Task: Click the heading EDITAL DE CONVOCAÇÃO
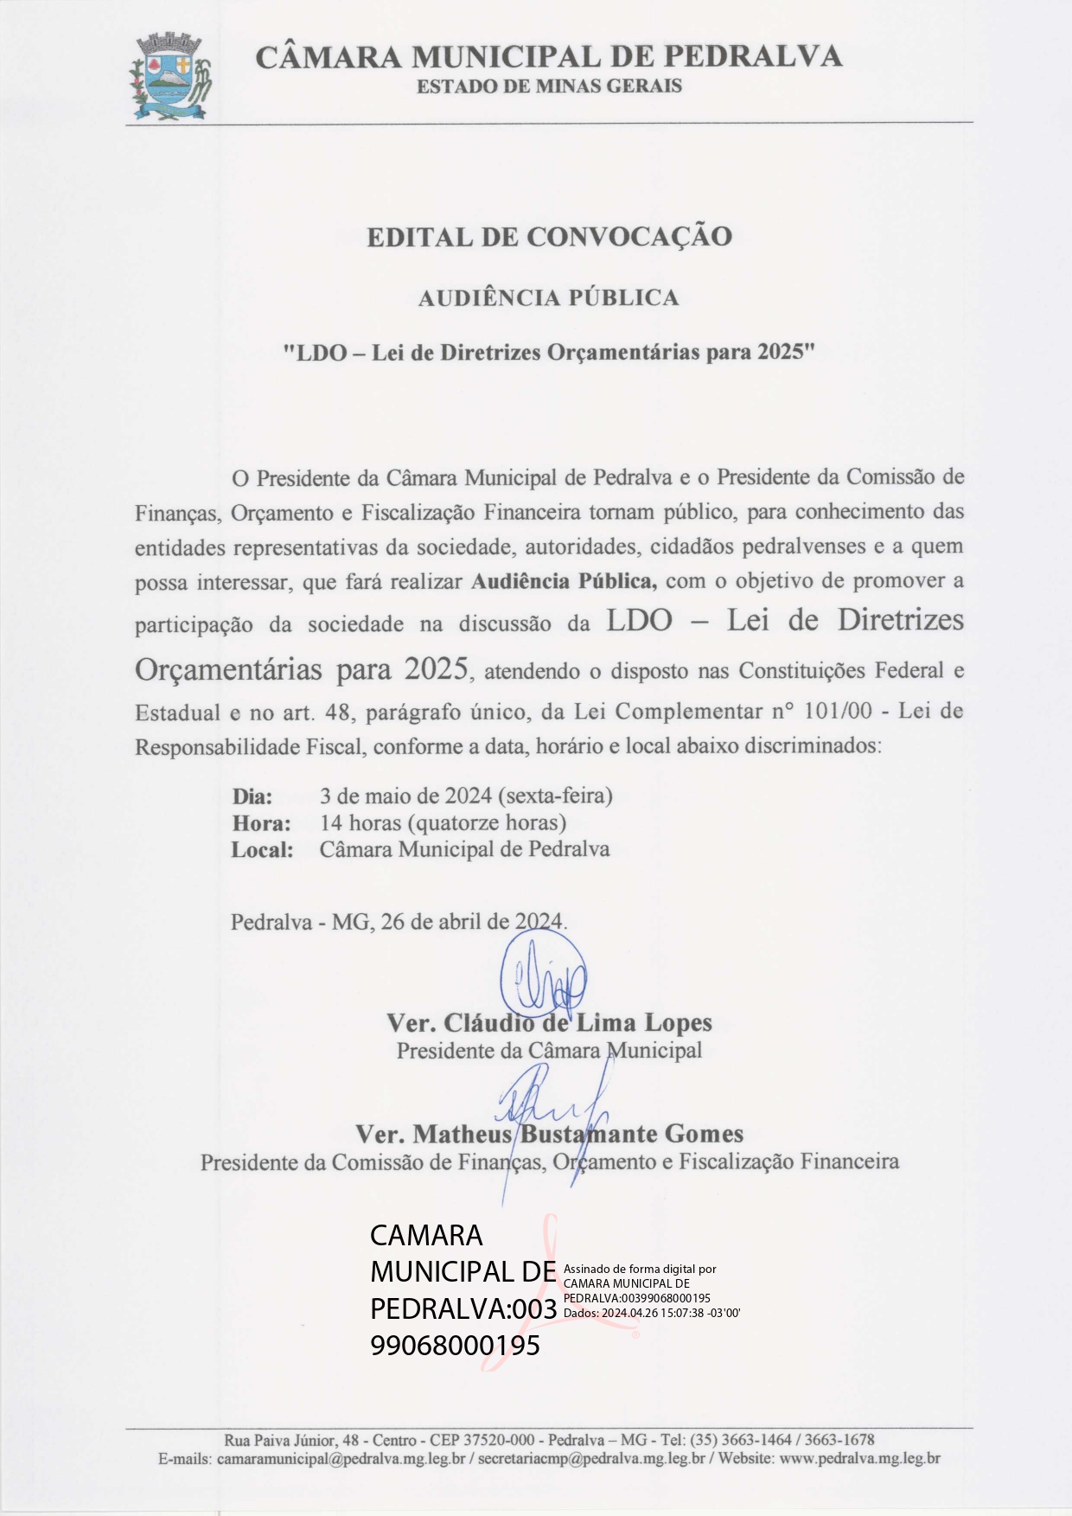549,237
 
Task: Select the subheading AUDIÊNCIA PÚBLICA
548,298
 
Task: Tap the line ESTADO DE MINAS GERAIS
549,86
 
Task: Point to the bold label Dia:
252,796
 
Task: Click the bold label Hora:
261,822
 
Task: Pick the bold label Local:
262,849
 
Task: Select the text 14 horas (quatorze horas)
443,822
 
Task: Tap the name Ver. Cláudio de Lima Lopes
549,1023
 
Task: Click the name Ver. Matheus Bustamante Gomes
549,1134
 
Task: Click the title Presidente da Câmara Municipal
549,1051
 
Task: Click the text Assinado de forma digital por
640,1270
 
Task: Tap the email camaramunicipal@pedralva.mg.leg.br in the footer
341,1459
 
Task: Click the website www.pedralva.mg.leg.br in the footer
859,1459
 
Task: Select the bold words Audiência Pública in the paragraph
564,581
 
